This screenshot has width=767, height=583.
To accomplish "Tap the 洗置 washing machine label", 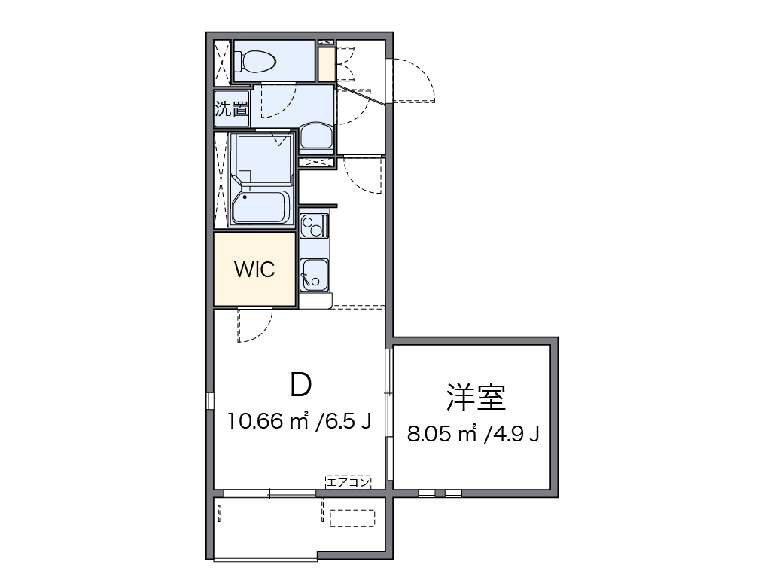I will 231,108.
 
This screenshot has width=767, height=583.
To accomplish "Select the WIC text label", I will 254,270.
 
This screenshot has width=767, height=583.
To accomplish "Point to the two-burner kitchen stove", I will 314,224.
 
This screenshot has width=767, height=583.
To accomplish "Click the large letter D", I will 300,385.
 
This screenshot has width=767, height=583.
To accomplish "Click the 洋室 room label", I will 475,397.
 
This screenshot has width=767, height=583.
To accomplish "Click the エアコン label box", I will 348,482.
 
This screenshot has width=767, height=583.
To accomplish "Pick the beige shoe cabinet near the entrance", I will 326,65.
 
